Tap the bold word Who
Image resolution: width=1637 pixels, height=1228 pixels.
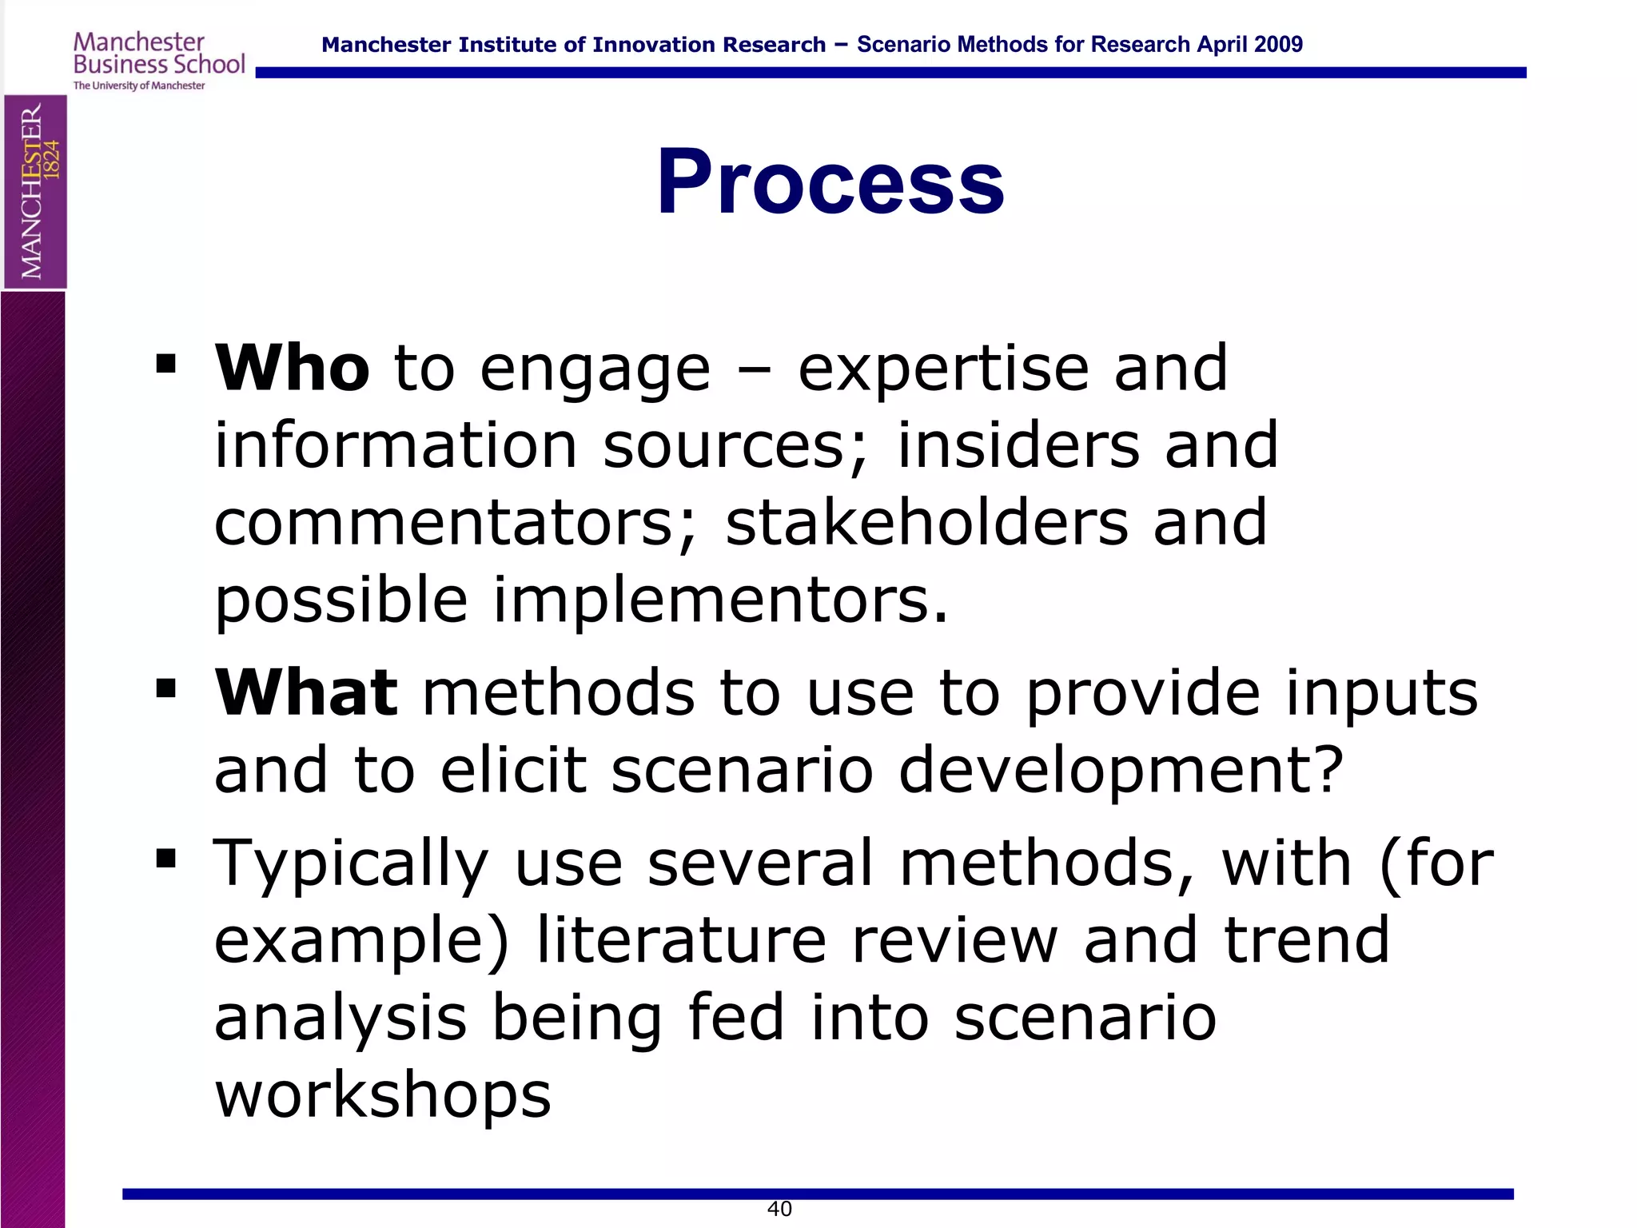pos(292,368)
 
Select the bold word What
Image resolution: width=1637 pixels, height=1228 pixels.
pos(306,692)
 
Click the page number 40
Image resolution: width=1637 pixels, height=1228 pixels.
pos(779,1209)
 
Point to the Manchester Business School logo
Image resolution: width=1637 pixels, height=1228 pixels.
pos(158,61)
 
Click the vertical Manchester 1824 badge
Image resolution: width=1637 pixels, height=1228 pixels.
pos(35,192)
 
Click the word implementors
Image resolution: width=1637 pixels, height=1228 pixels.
pos(719,600)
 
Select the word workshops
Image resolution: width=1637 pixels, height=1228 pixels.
pos(383,1094)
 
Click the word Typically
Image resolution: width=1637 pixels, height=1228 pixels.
pos(351,863)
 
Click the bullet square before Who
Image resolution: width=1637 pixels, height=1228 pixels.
pos(166,365)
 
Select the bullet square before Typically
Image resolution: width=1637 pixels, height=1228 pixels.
pos(166,859)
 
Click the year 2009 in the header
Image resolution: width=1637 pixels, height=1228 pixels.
pos(1278,45)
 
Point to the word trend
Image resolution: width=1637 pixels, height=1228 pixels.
pos(1307,940)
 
